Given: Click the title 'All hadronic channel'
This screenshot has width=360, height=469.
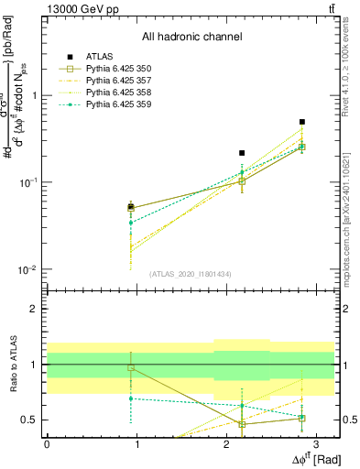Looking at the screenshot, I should pos(191,38).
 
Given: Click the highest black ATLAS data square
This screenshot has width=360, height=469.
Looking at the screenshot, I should pos(302,122).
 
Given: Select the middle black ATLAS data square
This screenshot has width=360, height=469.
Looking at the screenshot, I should pos(242,153).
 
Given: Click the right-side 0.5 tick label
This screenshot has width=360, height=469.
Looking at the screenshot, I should pos(348,420).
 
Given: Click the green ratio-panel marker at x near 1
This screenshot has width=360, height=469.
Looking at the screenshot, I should pos(131,398).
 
